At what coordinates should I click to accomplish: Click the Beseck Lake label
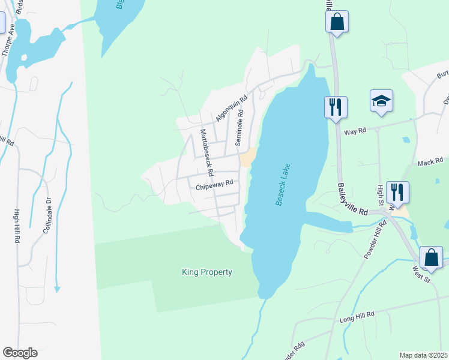tap(283, 185)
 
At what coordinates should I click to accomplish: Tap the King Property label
tap(206, 272)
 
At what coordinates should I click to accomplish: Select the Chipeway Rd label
tap(214, 186)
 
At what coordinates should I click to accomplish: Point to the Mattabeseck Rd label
tap(206, 152)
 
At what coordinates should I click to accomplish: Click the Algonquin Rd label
tap(232, 110)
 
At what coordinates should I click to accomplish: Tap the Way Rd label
tap(354, 131)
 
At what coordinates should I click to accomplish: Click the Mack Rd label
tap(430, 163)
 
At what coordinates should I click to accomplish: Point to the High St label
tap(380, 194)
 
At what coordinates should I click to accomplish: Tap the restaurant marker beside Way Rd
tap(335, 107)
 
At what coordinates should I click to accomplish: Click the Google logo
tap(20, 353)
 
